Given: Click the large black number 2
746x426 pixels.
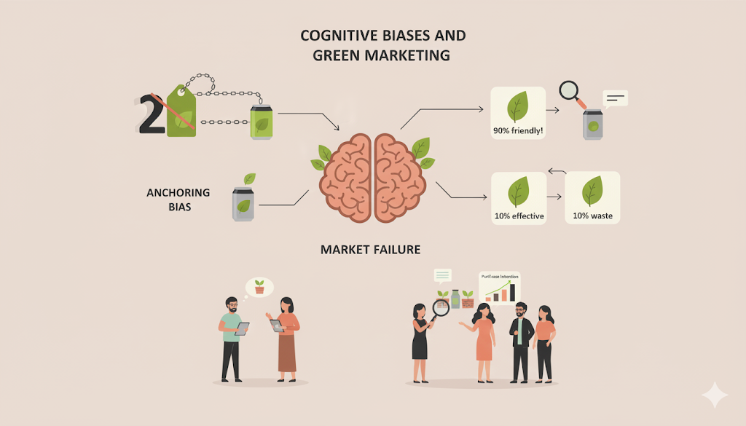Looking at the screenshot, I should tap(151, 114).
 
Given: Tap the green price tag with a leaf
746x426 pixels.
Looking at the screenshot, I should tap(181, 112).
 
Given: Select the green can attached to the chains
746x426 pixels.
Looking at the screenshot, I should tap(261, 121).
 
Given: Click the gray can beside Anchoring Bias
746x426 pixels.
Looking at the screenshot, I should tap(243, 202).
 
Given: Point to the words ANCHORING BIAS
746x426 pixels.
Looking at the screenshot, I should tap(178, 199).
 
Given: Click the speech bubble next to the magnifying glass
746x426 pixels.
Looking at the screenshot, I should tap(616, 98).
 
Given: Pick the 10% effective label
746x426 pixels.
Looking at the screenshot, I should tap(518, 216).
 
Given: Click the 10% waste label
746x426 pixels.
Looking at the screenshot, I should tap(592, 216).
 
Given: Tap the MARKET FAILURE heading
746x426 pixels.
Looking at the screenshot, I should tap(370, 250).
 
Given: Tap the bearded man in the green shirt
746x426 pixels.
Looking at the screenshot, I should tap(231, 339).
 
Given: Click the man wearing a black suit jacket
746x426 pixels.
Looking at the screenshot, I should tap(520, 341).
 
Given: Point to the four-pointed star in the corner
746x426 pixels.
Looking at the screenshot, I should tap(714, 395).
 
